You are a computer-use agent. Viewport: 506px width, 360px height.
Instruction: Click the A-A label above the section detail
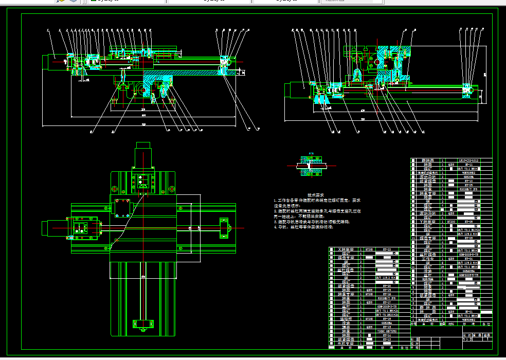[x=311, y=153]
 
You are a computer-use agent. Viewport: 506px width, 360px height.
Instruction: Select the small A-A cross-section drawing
[x=310, y=167]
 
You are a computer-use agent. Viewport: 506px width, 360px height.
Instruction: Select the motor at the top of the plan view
[x=143, y=153]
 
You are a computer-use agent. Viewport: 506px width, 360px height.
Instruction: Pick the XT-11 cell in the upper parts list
[x=468, y=165]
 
